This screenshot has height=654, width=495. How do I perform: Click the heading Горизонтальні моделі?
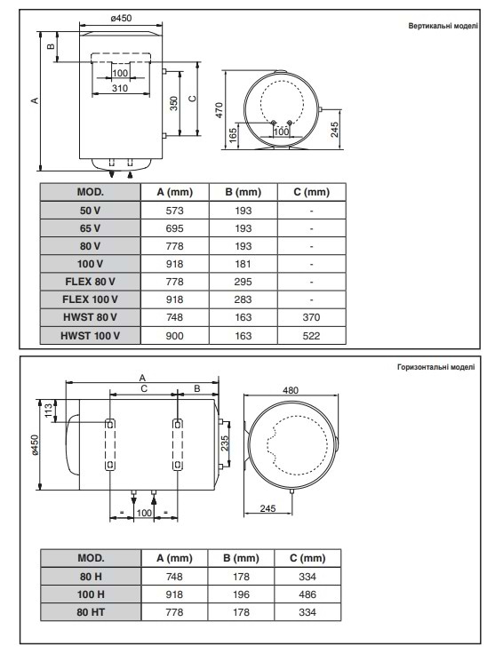tap(435, 366)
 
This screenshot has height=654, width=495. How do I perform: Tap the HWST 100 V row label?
tap(91, 335)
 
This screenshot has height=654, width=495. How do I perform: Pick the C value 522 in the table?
tap(311, 335)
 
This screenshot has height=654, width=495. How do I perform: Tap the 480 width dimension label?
tap(291, 389)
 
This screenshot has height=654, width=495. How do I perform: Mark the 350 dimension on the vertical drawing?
tap(175, 103)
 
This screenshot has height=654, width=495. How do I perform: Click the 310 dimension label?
tap(119, 88)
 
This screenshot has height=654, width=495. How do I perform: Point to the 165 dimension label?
tap(233, 136)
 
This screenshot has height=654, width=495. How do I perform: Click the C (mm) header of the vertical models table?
tap(311, 192)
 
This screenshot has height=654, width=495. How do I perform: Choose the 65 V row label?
tap(91, 228)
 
